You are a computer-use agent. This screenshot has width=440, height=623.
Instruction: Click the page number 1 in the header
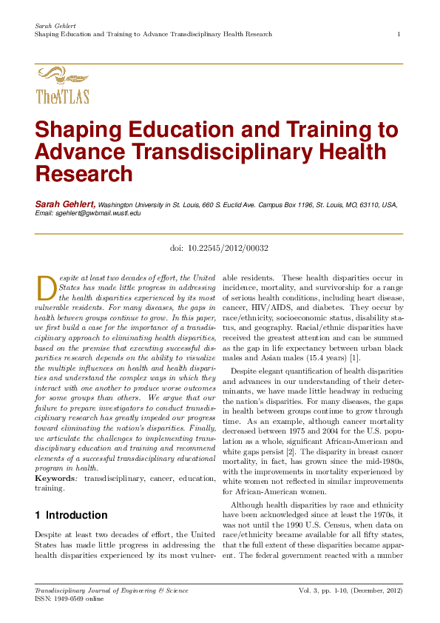coord(399,34)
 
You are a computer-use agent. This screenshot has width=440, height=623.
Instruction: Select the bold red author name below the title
coord(65,203)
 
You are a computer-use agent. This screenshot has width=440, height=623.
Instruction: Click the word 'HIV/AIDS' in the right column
coord(276,306)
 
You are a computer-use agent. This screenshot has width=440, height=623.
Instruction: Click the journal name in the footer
coord(111,590)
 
